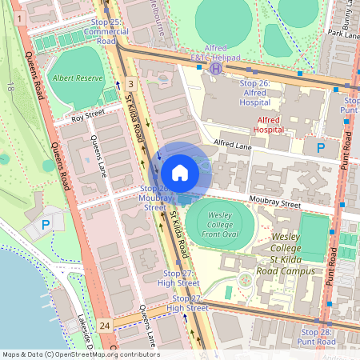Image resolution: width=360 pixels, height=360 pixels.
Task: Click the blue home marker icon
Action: click(180, 173)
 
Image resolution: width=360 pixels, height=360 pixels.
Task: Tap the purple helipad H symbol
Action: click(215, 69)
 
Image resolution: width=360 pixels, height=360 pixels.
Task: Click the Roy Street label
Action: click(88, 117)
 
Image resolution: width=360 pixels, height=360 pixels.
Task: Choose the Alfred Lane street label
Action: click(233, 145)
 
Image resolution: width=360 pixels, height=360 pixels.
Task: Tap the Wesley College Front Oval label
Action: click(220, 225)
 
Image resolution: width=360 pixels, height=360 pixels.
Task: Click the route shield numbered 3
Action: click(130, 83)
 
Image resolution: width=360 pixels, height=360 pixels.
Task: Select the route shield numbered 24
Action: click(105, 326)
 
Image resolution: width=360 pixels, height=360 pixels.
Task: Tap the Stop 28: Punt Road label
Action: click(314, 336)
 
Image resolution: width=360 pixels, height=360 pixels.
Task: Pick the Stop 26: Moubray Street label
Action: click(152, 198)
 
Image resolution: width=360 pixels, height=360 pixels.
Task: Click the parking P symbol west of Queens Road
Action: click(45, 226)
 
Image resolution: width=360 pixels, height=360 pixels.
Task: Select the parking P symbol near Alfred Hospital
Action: click(321, 148)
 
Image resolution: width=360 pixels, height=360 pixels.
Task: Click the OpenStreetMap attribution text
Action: click(80, 354)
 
